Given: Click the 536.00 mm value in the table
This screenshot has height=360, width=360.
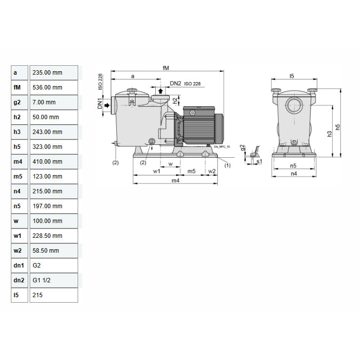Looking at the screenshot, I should point(53,88).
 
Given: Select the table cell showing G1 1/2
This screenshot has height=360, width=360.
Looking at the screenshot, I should point(53,280).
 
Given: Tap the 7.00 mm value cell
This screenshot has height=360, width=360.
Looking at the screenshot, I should point(53,102).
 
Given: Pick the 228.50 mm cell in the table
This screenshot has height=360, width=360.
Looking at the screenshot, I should point(53,236).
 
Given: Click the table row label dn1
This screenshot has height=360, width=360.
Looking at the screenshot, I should point(20,266).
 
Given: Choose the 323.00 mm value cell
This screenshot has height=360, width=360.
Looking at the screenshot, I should point(53,147).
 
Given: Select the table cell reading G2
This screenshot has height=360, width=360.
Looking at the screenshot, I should point(53,266).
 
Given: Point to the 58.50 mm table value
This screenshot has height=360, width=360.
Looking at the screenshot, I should point(53,251).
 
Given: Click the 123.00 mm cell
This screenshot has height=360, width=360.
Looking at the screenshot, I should point(53,177).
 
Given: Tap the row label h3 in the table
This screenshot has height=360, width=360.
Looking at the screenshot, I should point(20,132).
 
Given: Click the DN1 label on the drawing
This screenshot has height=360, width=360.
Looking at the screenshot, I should point(99,105).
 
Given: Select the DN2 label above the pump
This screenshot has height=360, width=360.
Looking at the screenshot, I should point(175,84).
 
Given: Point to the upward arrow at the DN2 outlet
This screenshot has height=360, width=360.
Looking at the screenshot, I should point(160,91).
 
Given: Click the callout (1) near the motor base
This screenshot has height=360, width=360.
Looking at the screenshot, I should point(227,166).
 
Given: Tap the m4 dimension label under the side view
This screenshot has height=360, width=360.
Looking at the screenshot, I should point(175,180).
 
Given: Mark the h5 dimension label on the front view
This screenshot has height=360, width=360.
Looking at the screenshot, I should point(337,127).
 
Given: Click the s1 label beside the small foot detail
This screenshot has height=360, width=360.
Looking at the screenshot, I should point(259,161).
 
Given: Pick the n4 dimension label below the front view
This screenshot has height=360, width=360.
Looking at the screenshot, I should point(294,173).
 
